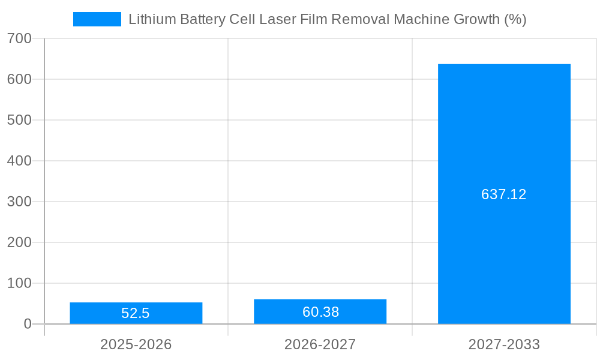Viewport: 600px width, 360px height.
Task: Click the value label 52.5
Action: pos(136,313)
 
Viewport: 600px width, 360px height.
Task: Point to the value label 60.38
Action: pos(320,312)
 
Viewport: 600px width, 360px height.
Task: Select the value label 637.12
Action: pos(504,194)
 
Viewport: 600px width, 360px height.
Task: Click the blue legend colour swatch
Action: pos(97,19)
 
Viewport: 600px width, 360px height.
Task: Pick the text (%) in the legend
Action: pos(515,19)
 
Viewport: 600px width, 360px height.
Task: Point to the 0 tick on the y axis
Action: pos(28,324)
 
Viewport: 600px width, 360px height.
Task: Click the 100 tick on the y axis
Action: pos(19,283)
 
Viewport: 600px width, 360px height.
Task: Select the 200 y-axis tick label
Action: pos(19,242)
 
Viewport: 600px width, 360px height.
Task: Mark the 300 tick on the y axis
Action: pos(19,202)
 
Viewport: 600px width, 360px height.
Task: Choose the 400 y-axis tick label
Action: pos(19,161)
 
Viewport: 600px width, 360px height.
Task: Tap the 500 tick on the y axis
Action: pos(19,120)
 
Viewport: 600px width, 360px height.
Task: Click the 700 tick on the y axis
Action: pos(19,38)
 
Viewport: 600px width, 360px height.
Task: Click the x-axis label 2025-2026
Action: pos(136,344)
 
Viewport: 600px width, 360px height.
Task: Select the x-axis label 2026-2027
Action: pos(320,344)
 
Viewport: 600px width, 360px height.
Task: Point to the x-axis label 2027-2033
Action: pos(504,344)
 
